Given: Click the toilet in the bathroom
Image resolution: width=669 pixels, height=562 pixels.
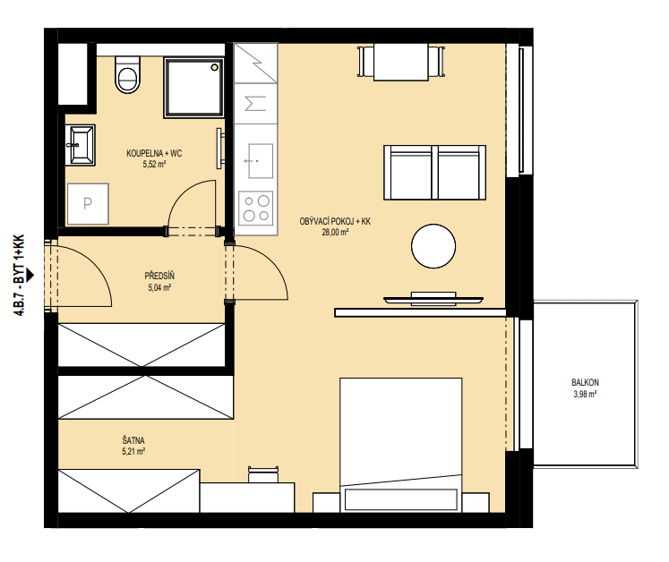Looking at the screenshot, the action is click(127, 74).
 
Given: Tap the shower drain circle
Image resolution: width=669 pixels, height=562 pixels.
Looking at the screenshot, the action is click(215, 67).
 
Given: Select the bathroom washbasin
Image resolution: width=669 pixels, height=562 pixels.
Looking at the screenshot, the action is click(81, 145).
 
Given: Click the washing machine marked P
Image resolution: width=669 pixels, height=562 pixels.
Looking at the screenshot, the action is click(88, 204).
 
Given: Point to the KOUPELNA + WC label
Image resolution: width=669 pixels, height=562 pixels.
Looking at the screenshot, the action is click(154, 154).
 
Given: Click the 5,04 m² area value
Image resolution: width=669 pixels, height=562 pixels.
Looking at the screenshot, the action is click(159, 288).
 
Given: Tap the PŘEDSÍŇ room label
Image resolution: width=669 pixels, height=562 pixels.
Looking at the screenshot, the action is click(159, 276).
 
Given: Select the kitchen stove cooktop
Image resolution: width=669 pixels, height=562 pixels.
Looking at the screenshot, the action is click(256, 209).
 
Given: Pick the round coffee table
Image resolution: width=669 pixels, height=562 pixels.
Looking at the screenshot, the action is click(433, 246).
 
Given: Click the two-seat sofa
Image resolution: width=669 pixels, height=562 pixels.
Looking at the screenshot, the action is click(434, 172).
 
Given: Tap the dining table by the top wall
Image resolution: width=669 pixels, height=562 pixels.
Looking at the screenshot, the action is click(401, 62).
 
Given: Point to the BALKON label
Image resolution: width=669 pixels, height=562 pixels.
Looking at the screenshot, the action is click(585, 382).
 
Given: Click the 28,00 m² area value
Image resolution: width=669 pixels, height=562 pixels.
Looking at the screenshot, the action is click(335, 233).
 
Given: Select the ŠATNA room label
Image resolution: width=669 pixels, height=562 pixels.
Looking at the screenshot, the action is click(133, 440).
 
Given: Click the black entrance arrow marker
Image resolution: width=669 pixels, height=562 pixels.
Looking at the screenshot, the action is click(30, 276).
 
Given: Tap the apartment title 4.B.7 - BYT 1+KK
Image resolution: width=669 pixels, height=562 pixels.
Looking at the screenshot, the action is click(19, 276).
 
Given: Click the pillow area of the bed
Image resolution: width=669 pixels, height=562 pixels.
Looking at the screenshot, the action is click(400, 499).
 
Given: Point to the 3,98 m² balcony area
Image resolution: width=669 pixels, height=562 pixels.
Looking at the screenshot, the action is click(585, 395).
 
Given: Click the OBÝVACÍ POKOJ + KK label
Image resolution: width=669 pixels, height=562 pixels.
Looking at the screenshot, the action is click(335, 221).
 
